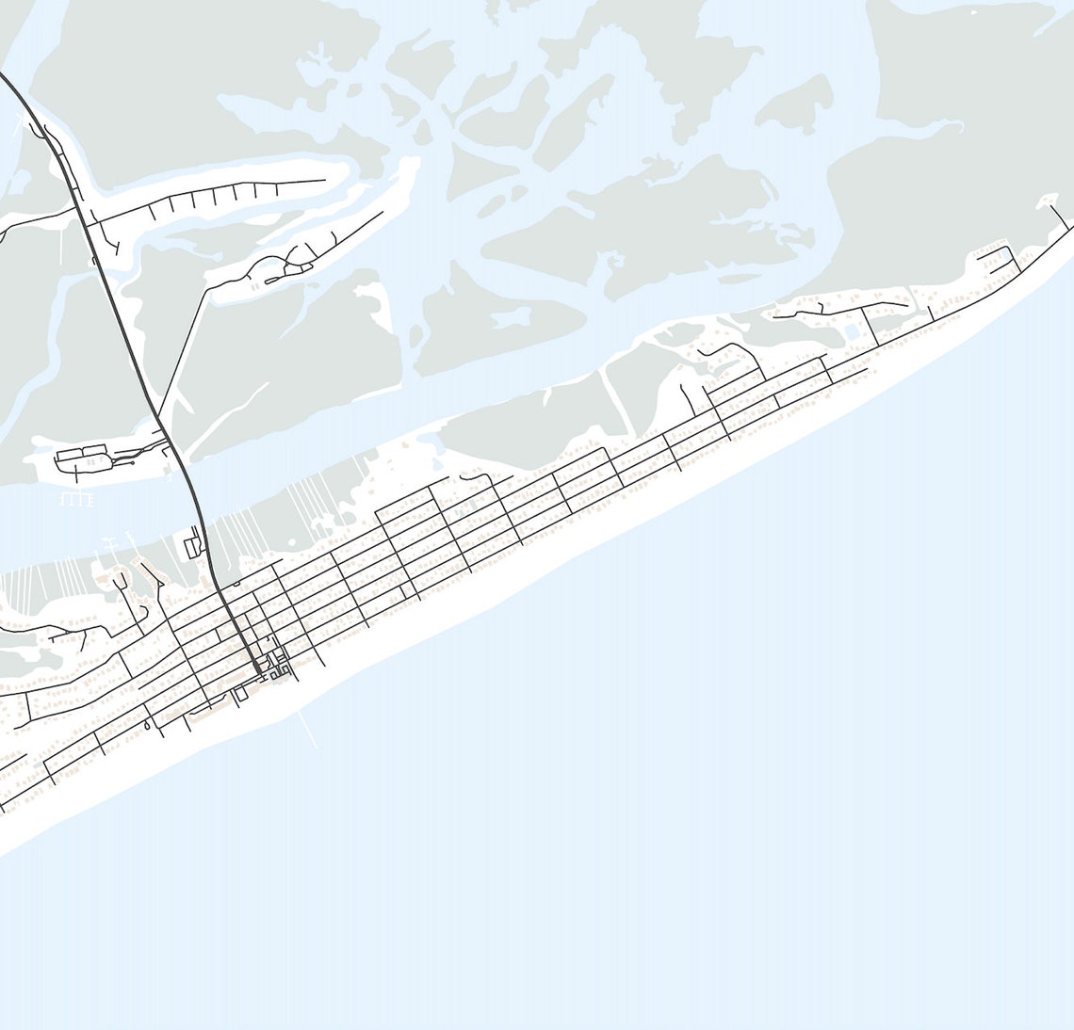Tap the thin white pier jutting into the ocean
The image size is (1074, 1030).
(308, 730)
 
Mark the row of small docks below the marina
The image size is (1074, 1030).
(77, 498)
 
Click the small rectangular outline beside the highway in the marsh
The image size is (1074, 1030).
(193, 544)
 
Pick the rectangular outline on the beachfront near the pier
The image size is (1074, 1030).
(240, 693)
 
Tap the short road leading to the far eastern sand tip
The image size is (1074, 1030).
(1061, 216)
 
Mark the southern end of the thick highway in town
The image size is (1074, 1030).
(257, 669)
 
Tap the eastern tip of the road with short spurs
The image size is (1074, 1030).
(324, 179)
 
